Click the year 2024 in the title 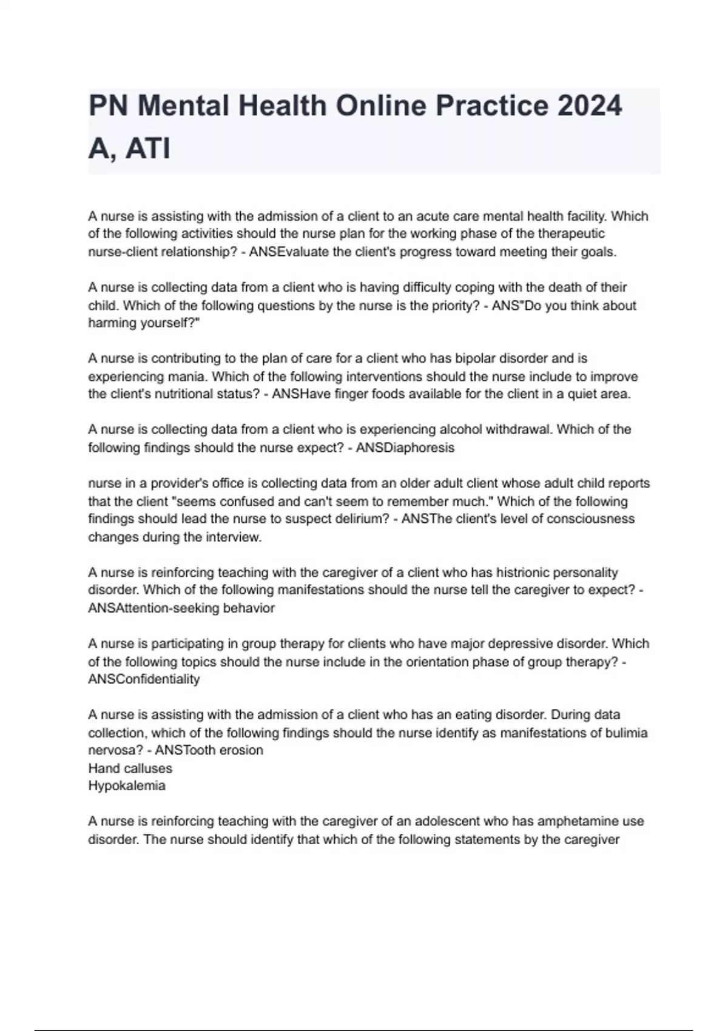[x=590, y=107]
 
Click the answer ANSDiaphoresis [x=405, y=448]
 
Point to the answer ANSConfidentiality [x=144, y=679]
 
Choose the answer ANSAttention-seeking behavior [x=181, y=608]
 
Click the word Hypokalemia [x=127, y=786]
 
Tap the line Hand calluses [x=130, y=768]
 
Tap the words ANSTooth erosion [x=209, y=750]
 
